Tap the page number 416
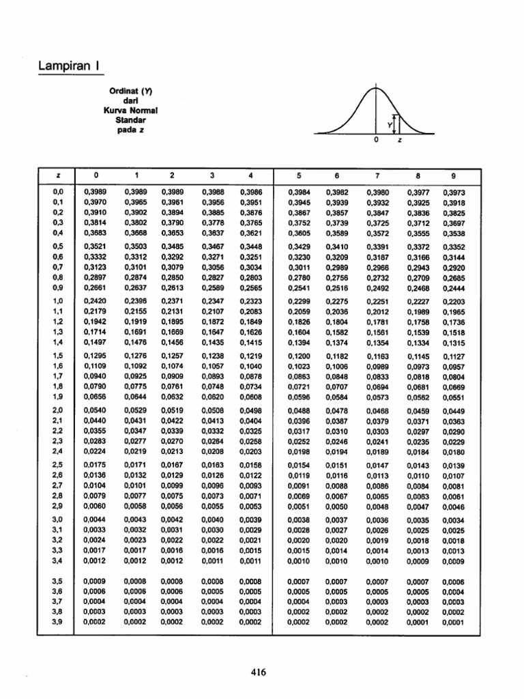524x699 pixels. pos(257,672)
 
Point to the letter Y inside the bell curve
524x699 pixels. pos(389,125)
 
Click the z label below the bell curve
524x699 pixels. pos(400,140)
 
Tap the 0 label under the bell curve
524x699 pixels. pos(376,140)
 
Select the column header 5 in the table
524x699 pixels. pos(298,175)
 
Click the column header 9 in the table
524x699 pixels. pos(452,175)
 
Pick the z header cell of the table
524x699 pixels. pos(57,175)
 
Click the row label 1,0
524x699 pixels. pos(57,301)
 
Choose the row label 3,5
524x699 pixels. pos(57,581)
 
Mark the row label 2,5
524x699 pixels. pos(57,465)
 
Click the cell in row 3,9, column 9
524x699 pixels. pos(453,622)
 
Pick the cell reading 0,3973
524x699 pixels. pos(453,192)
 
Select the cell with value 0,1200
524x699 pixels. pos(299,356)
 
